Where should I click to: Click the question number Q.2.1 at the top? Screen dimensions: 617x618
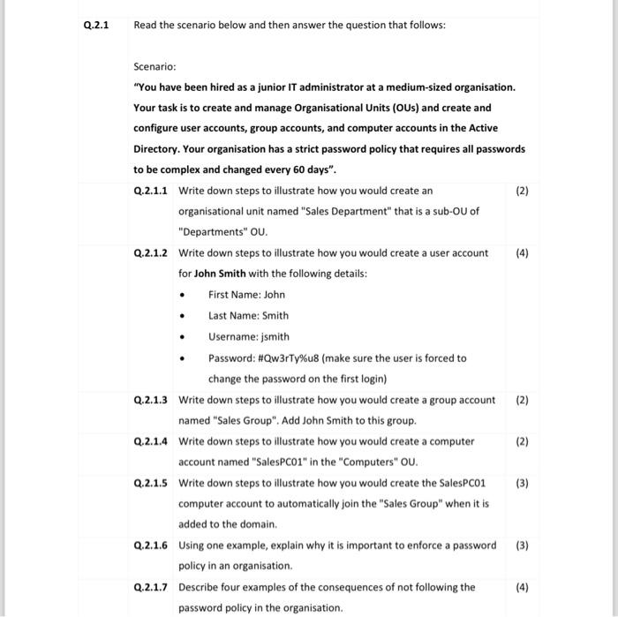[94, 25]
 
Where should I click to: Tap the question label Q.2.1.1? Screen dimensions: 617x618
[152, 191]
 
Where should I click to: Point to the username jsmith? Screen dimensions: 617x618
[273, 336]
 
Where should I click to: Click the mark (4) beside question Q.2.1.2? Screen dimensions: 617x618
[522, 252]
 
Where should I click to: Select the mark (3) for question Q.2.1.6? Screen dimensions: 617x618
[522, 545]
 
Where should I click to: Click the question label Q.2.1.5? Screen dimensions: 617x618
[152, 482]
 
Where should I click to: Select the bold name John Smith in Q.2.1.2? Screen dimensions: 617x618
[220, 274]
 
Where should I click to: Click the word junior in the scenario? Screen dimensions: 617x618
[261, 87]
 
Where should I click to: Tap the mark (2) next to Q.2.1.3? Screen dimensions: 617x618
[522, 400]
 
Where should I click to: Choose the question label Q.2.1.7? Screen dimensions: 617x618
[152, 587]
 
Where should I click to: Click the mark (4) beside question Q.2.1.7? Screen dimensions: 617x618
[522, 587]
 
